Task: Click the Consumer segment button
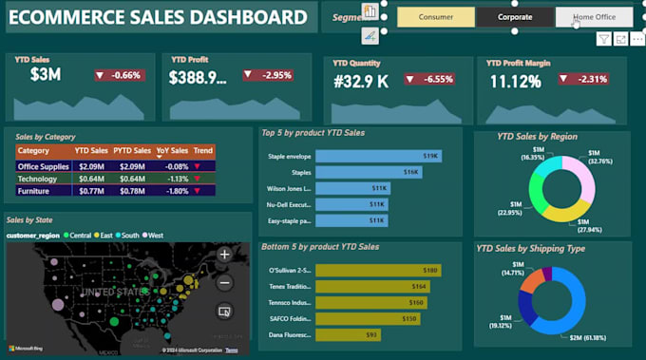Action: (436, 17)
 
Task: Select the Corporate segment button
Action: (515, 17)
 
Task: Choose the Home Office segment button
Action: (594, 17)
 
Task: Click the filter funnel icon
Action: (603, 39)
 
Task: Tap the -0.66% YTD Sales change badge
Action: (119, 75)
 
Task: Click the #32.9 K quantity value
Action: (361, 82)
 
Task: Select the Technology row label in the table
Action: (37, 179)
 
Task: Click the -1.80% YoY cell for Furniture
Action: (172, 191)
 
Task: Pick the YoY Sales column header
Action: (172, 151)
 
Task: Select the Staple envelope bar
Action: (378, 156)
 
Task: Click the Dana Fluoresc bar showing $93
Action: (347, 334)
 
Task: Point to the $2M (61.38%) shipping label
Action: (590, 337)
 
